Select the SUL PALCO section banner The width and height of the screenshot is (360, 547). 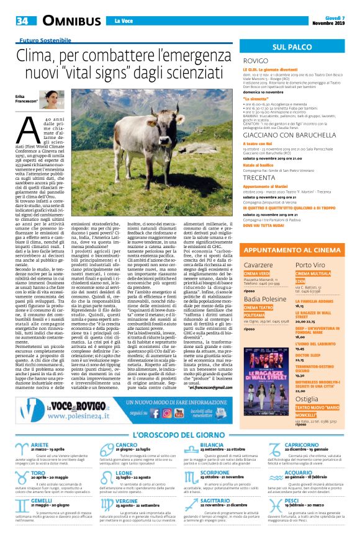(292, 47)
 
